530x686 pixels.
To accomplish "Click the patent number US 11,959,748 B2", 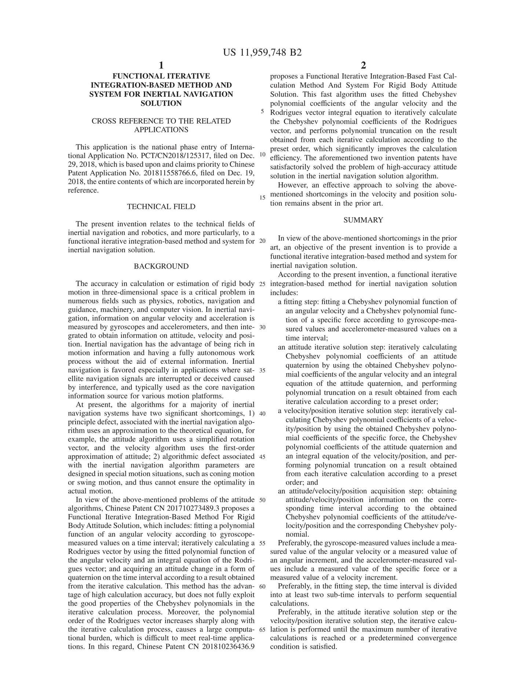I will click(262, 53).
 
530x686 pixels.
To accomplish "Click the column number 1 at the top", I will click(161, 65).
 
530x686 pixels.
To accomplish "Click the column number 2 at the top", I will click(363, 65).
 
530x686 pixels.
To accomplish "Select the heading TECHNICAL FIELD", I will click(161, 207).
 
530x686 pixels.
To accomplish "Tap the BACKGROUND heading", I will click(161, 266).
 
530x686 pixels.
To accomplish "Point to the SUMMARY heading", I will click(363, 220).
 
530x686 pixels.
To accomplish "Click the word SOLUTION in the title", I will click(161, 103).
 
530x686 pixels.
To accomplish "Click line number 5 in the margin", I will click(262, 112).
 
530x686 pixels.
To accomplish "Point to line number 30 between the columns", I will click(262, 327).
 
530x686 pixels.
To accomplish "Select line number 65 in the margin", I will click(262, 630).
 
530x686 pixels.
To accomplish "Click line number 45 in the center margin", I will click(262, 457).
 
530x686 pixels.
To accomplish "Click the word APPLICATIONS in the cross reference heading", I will click(161, 130).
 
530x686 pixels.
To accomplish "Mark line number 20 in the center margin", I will click(262, 241).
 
